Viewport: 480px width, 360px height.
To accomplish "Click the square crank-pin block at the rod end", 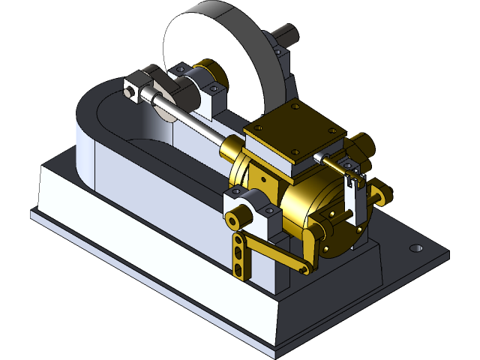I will [x=134, y=86].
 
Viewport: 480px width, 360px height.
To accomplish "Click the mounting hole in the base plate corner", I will [x=415, y=248].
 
